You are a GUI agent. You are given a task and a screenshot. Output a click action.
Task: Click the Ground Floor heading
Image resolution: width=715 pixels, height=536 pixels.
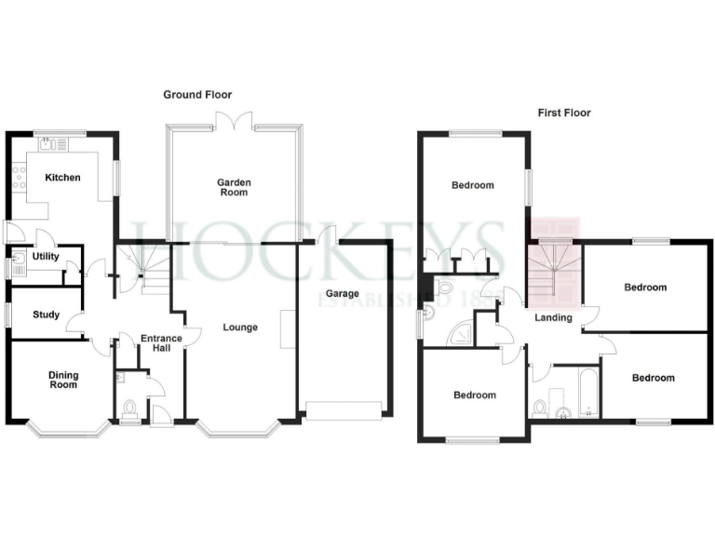[197, 95]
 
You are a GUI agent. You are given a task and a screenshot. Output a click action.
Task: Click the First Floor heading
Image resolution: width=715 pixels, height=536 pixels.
[564, 113]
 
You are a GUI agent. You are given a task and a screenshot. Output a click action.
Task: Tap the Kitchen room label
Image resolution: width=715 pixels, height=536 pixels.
[62, 178]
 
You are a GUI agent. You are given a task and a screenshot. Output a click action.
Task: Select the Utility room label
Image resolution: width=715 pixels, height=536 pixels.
[46, 256]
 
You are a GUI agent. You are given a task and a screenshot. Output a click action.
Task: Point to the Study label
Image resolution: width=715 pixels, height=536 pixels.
[46, 315]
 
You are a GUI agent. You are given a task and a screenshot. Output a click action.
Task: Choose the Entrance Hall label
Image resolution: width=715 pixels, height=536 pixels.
[155, 343]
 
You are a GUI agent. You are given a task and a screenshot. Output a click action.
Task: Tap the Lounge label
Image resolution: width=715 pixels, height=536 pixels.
[239, 328]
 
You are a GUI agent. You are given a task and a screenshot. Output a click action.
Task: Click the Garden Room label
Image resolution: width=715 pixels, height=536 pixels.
[233, 188]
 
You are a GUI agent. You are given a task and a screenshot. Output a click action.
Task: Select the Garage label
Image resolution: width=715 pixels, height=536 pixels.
[342, 294]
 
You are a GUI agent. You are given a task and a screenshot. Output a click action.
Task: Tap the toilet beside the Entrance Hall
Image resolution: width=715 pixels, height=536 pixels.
[129, 407]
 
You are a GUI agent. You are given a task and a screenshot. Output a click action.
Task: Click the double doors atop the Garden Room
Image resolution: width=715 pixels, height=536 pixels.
[233, 120]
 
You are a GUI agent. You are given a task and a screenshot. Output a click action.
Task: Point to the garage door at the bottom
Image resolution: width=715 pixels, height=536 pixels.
[344, 410]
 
